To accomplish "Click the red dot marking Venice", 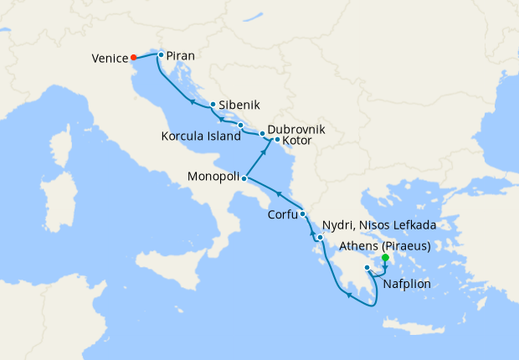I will [134, 58].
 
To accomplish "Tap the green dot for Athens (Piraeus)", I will [385, 258].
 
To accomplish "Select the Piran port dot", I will [160, 54].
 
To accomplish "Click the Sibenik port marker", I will [213, 105].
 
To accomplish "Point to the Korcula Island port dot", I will [241, 126].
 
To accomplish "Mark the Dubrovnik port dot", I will [262, 133].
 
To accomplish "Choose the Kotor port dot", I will [277, 139].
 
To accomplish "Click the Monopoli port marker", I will [244, 178].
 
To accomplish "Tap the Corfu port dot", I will [302, 214].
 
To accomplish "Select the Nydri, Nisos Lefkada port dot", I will [320, 238].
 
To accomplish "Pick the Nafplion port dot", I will [367, 268].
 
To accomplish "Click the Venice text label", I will [110, 59].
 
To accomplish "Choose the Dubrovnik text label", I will [296, 130].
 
